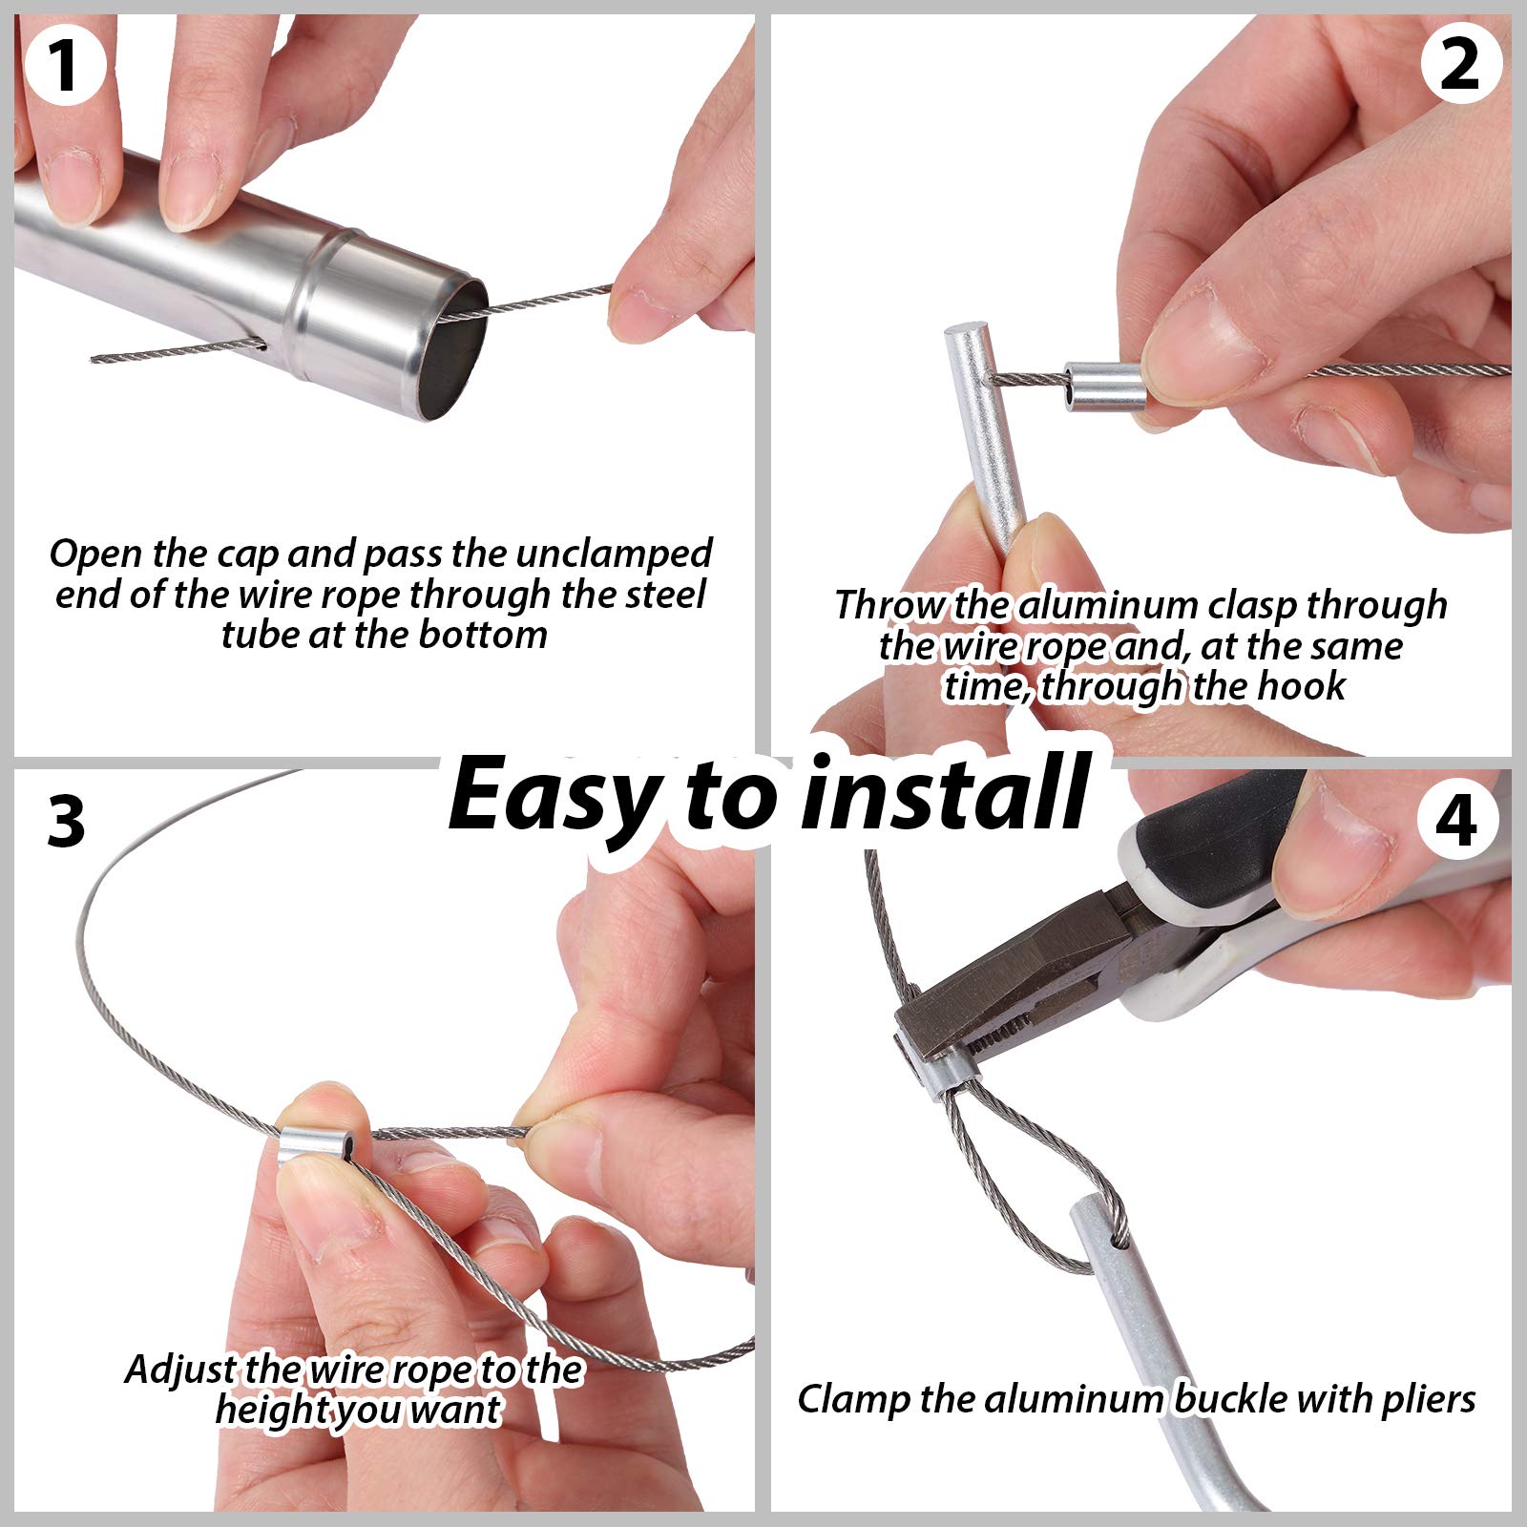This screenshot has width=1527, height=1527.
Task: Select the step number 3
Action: click(66, 821)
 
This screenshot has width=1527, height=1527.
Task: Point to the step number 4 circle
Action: click(1455, 820)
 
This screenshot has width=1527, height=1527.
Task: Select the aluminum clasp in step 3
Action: click(318, 1133)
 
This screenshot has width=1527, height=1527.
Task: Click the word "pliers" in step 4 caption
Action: click(1429, 1399)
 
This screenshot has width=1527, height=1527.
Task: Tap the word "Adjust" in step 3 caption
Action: click(179, 1370)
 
